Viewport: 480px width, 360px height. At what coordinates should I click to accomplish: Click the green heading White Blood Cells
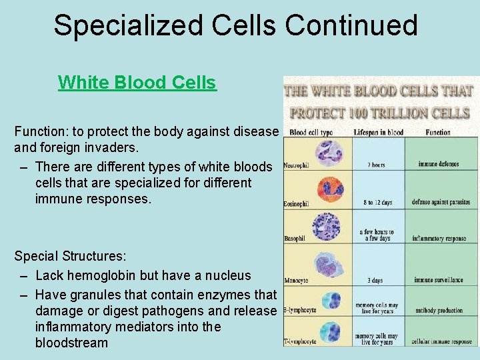click(137, 83)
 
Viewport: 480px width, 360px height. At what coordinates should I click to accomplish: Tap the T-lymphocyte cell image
click(329, 331)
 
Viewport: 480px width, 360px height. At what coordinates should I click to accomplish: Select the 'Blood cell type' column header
click(311, 132)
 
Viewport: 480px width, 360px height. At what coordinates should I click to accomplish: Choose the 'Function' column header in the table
click(438, 132)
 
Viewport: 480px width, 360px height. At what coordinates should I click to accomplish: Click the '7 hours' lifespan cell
click(376, 164)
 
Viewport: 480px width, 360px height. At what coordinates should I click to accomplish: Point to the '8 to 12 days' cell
click(377, 202)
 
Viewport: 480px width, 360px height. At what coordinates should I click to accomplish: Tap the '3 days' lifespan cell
click(376, 280)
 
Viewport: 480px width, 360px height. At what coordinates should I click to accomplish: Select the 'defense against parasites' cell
click(441, 202)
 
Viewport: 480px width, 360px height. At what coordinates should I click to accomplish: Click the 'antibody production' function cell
click(439, 309)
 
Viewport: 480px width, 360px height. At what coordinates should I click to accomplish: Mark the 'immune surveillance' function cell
click(438, 280)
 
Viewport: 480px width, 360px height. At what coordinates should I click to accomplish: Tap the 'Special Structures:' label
click(71, 257)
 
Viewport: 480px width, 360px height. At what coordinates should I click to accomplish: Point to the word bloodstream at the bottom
click(71, 343)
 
